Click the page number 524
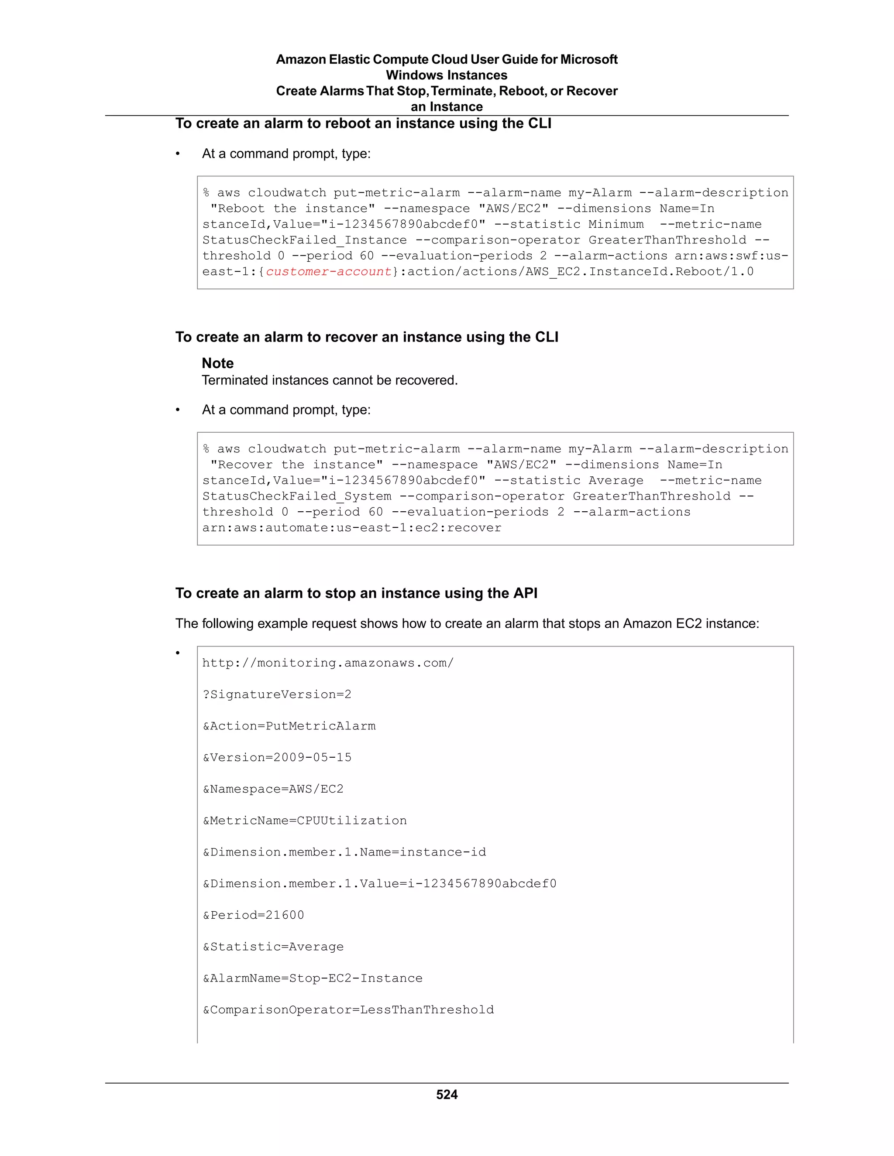coord(447,1094)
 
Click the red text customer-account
coord(328,271)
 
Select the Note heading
coord(218,363)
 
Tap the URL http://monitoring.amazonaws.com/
coord(328,663)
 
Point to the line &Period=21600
coord(253,915)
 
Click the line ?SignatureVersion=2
coord(276,694)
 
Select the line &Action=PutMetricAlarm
coord(289,726)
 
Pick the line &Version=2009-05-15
coord(277,757)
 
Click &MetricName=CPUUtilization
coord(305,821)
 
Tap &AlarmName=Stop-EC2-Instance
coord(313,978)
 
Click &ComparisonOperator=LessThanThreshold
coord(348,1009)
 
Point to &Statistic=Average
coord(273,947)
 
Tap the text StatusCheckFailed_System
coord(296,496)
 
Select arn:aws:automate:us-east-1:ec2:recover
coord(352,528)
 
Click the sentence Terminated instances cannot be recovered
coord(330,380)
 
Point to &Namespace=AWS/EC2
coord(273,789)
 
